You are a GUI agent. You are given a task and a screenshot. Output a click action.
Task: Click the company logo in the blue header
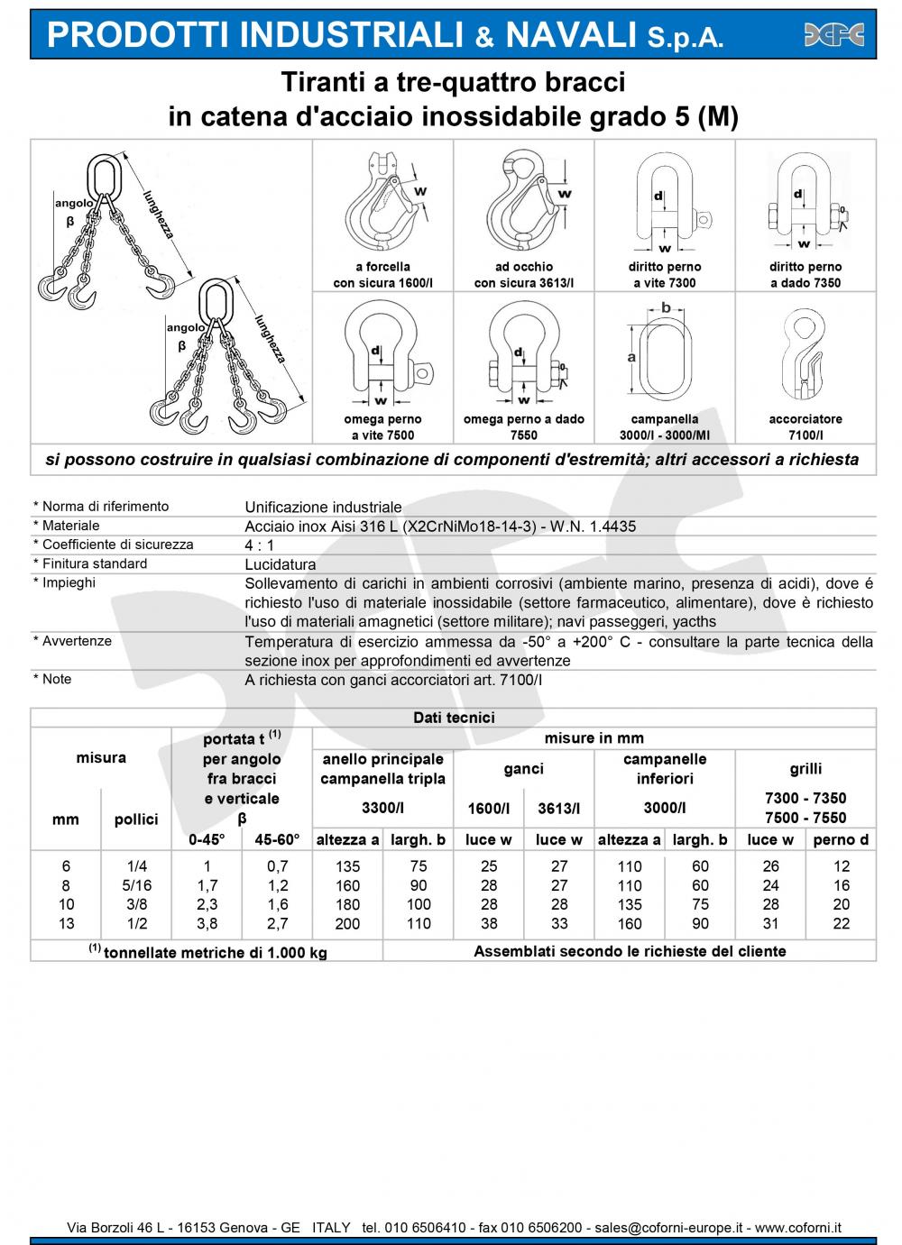click(x=833, y=34)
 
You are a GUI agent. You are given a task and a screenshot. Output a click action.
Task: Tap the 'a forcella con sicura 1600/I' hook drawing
click(x=383, y=206)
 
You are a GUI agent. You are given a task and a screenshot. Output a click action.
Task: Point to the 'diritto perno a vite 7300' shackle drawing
click(x=665, y=204)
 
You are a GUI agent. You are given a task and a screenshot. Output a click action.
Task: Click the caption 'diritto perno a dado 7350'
click(x=805, y=275)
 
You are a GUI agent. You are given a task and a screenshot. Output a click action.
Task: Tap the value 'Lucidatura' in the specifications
click(x=281, y=565)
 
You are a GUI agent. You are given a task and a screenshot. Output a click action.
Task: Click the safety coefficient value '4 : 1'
click(x=260, y=545)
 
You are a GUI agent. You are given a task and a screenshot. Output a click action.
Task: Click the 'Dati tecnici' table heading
click(x=454, y=718)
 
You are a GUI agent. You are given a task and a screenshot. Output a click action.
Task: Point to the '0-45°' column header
click(x=207, y=840)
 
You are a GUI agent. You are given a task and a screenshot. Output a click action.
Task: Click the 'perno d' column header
click(x=841, y=840)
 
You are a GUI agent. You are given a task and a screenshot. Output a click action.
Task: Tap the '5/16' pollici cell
click(x=137, y=885)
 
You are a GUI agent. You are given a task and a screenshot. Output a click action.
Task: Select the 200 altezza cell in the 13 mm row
click(x=347, y=924)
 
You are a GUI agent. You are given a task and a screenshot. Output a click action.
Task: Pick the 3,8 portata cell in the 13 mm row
click(x=207, y=924)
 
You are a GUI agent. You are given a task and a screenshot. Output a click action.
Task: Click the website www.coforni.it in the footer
click(x=798, y=1228)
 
